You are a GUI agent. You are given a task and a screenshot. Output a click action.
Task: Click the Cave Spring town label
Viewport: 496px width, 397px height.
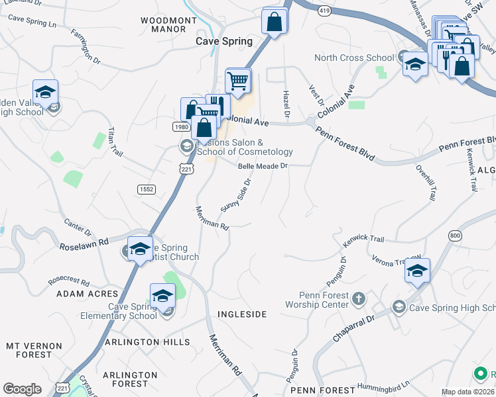coord(223,41)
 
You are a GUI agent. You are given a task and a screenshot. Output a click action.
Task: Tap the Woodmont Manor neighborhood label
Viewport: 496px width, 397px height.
coord(169,24)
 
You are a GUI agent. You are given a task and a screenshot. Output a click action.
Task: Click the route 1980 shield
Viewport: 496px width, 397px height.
coord(182,126)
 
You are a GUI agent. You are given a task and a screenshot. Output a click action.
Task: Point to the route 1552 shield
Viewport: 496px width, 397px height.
coord(147,189)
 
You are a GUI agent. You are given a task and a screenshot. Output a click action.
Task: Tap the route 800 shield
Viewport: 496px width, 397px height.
coord(454,236)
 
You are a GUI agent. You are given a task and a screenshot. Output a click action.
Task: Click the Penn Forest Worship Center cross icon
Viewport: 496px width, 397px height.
coord(359,298)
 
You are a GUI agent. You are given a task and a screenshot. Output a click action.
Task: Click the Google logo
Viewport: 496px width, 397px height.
coord(22,389)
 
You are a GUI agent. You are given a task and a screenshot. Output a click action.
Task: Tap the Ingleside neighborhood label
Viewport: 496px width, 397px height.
coord(242,314)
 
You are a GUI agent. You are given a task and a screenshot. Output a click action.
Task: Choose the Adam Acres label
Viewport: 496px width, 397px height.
coord(87,294)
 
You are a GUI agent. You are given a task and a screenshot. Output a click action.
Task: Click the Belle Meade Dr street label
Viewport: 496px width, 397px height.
coord(264,166)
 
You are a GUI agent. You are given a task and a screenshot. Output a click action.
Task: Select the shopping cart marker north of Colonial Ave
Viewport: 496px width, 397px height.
coord(238,81)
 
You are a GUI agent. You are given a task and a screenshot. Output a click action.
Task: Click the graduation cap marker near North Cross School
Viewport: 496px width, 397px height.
coord(415,64)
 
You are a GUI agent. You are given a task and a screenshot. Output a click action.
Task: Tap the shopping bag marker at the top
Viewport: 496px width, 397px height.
coord(275,22)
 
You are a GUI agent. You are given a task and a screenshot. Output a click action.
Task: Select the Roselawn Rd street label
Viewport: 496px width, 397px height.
coord(84,242)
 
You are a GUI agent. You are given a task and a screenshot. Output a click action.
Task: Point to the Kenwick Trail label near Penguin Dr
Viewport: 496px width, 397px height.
coord(363,241)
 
